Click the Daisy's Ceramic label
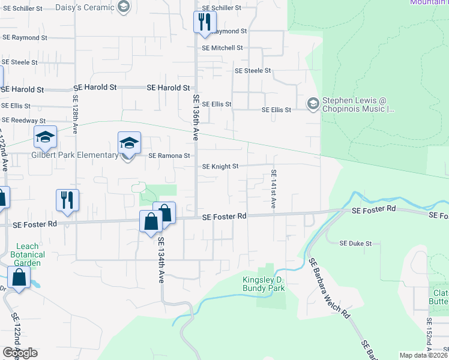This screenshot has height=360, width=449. pos(85,8)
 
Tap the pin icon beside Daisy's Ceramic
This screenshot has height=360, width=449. pos(124,7)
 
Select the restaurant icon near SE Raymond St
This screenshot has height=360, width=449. pos(204,23)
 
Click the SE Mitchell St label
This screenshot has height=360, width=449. pos(222,48)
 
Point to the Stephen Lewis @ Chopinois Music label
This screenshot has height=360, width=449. pos(358,105)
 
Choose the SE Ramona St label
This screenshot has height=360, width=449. pos(169,155)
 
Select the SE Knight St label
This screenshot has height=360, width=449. pos(220,166)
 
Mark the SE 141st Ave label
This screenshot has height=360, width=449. pos(273,188)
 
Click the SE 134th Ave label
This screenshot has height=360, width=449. pos(161,260)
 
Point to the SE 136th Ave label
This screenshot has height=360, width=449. pos(196,117)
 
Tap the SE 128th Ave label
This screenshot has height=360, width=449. pos(76,117)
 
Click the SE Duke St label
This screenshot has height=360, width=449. pos(356,244)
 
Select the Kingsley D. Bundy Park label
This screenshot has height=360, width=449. pos(264,284)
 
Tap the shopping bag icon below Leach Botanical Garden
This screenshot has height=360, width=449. pos(19,278)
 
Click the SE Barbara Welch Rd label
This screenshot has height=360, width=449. pos(329,288)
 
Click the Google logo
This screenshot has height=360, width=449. pos(20,353)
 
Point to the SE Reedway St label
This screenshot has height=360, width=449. pos(23,121)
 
